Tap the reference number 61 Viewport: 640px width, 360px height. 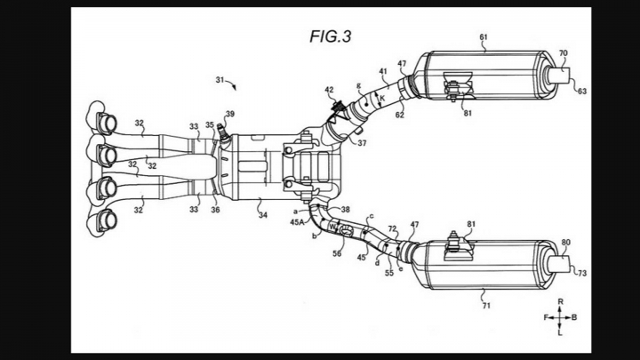pos(484,38)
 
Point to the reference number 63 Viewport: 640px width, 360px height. pos(582,90)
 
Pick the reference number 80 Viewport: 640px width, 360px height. pos(565,243)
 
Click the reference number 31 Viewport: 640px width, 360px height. pos(219,80)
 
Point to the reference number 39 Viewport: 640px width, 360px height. pos(230,115)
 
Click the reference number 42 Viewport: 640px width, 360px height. pos(329,90)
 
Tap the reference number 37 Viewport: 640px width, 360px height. pos(361,142)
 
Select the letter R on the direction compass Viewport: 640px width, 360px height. pos(561,302)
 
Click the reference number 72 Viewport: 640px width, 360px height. pos(391,229)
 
